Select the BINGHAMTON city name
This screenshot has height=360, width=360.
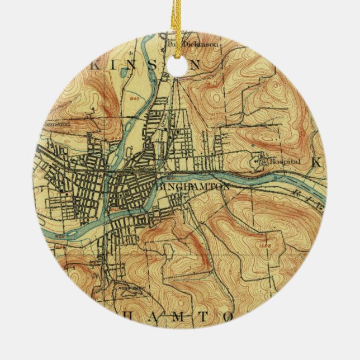tap(195, 187)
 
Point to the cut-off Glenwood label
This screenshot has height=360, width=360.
tap(58, 124)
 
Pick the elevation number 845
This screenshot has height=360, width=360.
tap(134, 98)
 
